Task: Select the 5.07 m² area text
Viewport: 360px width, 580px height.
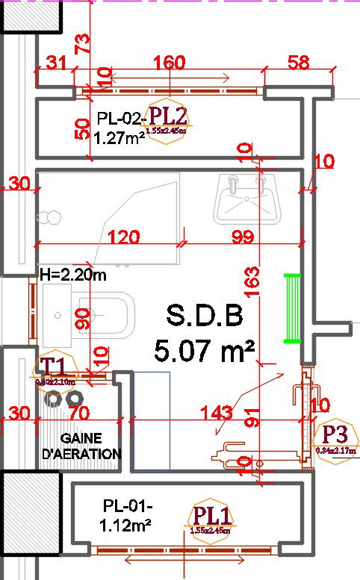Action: tap(204, 349)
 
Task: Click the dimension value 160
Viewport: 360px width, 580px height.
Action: tap(170, 63)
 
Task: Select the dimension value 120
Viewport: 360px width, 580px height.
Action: tap(123, 237)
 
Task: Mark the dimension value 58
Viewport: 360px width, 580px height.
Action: tap(298, 63)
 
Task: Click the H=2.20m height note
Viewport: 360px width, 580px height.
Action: tap(73, 275)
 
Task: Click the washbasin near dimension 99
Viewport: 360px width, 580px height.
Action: tap(246, 199)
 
